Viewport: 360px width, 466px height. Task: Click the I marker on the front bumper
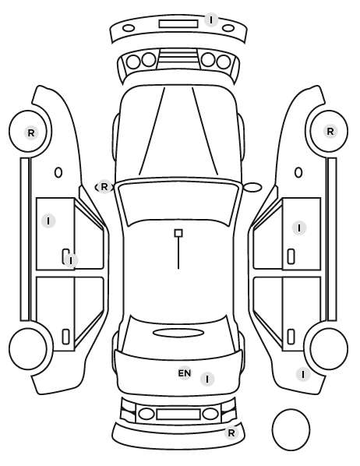pos(211,20)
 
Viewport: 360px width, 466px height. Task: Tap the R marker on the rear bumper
pos(231,432)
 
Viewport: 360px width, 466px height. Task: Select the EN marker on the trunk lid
pos(185,372)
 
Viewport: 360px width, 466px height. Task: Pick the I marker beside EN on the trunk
pos(207,379)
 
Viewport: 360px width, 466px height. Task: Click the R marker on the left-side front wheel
pos(31,132)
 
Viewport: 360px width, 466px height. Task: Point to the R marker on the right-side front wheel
pos(330,132)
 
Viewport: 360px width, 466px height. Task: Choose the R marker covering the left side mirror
pos(104,187)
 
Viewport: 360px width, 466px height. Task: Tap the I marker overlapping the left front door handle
pos(71,260)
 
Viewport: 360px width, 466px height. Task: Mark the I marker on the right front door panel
pos(299,228)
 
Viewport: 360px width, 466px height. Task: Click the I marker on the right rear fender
pos(303,375)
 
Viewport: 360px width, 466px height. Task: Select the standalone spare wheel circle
pos(291,429)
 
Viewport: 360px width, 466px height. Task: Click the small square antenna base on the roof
pos(178,233)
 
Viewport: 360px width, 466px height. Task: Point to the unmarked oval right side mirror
pos(252,188)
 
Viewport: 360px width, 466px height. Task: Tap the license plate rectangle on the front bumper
pos(178,24)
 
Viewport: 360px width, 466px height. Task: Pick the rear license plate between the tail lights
pos(178,414)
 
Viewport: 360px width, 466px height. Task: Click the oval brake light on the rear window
pos(178,333)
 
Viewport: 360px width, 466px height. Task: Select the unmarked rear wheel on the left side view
pos(28,348)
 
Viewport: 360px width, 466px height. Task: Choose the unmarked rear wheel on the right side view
pos(329,348)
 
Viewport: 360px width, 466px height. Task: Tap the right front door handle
pos(291,256)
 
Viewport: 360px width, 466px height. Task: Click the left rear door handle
pos(65,337)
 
